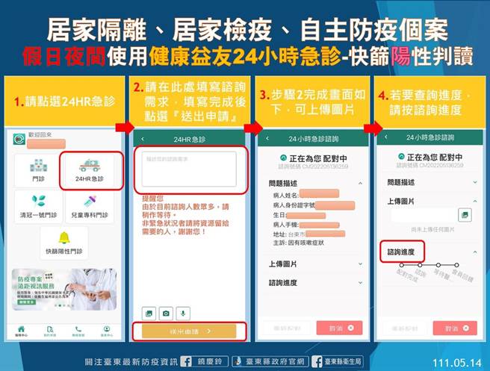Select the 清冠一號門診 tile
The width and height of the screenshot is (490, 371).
38,205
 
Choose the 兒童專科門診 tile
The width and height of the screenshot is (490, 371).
90,205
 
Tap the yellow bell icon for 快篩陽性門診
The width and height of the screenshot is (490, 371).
64,238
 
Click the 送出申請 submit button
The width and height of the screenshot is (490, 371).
184,329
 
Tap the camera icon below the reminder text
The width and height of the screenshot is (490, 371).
166,312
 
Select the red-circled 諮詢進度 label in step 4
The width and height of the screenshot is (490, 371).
402,251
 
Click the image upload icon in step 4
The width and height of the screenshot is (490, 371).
465,215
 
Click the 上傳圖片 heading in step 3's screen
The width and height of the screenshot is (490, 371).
284,264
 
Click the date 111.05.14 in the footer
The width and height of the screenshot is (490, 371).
459,359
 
